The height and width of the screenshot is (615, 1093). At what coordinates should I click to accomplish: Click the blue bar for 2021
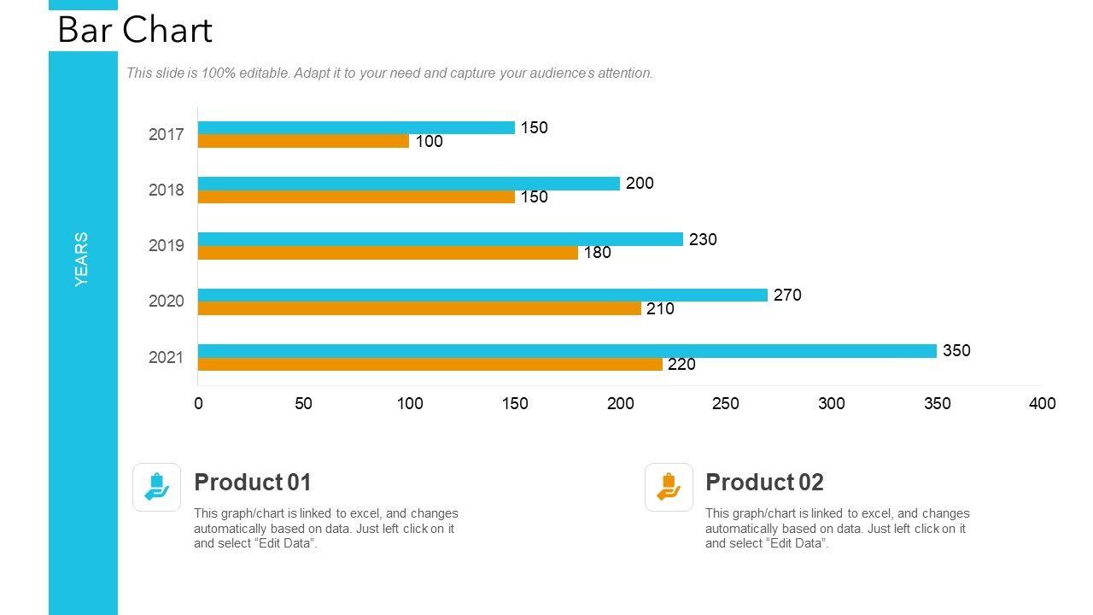click(x=567, y=351)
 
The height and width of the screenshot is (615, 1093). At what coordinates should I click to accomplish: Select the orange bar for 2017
click(x=303, y=141)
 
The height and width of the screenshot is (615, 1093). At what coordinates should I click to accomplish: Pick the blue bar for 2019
click(x=441, y=239)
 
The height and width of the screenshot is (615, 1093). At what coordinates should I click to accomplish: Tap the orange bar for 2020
click(x=419, y=308)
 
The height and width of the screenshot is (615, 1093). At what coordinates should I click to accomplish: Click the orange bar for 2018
click(x=356, y=196)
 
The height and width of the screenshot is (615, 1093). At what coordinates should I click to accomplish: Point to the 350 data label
click(x=956, y=350)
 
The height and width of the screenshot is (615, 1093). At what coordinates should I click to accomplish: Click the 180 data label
click(x=597, y=253)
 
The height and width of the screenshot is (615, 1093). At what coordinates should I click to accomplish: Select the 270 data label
click(x=787, y=295)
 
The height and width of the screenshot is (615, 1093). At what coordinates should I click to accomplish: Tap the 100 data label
click(x=429, y=142)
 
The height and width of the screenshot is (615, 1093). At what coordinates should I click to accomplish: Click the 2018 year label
click(x=166, y=190)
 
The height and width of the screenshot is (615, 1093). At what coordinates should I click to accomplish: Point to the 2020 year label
click(x=166, y=301)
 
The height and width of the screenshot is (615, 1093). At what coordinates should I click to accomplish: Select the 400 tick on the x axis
click(x=1042, y=403)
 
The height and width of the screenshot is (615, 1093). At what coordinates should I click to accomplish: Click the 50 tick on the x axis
click(x=303, y=403)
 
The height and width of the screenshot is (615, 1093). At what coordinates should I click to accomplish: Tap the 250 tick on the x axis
click(x=725, y=403)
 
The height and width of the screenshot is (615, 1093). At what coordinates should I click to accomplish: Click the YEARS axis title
click(x=82, y=259)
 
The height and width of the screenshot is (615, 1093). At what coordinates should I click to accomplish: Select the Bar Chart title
click(x=135, y=30)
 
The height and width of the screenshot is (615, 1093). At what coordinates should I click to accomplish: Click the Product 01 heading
click(x=253, y=483)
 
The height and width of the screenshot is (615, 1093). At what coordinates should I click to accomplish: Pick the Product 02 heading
click(x=764, y=483)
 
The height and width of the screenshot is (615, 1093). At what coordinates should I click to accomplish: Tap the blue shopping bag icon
click(x=157, y=487)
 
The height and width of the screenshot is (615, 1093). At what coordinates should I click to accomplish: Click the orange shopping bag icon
click(x=669, y=487)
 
